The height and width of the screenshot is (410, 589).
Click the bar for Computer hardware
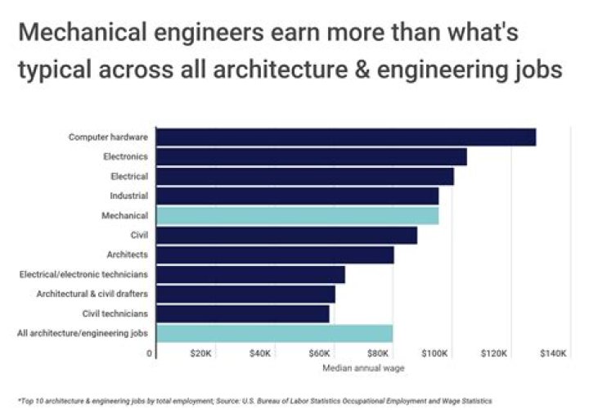345,137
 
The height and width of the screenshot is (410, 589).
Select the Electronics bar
311,157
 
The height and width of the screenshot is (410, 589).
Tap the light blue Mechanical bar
297,216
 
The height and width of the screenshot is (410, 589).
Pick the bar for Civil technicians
242,313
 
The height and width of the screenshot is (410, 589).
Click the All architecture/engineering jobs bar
274,333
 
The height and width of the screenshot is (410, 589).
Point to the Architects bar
275,255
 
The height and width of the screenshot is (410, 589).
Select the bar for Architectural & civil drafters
245,294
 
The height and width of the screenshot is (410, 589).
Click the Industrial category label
128,196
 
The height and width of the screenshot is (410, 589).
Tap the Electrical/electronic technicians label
83,274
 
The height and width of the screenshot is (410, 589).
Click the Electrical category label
128,177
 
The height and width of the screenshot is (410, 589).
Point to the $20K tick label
201,354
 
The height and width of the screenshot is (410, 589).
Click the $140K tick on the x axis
553,354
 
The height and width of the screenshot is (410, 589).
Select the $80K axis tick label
377,354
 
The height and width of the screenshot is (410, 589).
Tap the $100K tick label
434,354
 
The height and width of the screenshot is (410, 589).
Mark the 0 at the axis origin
150,354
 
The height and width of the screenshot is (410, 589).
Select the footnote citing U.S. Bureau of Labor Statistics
254,401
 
